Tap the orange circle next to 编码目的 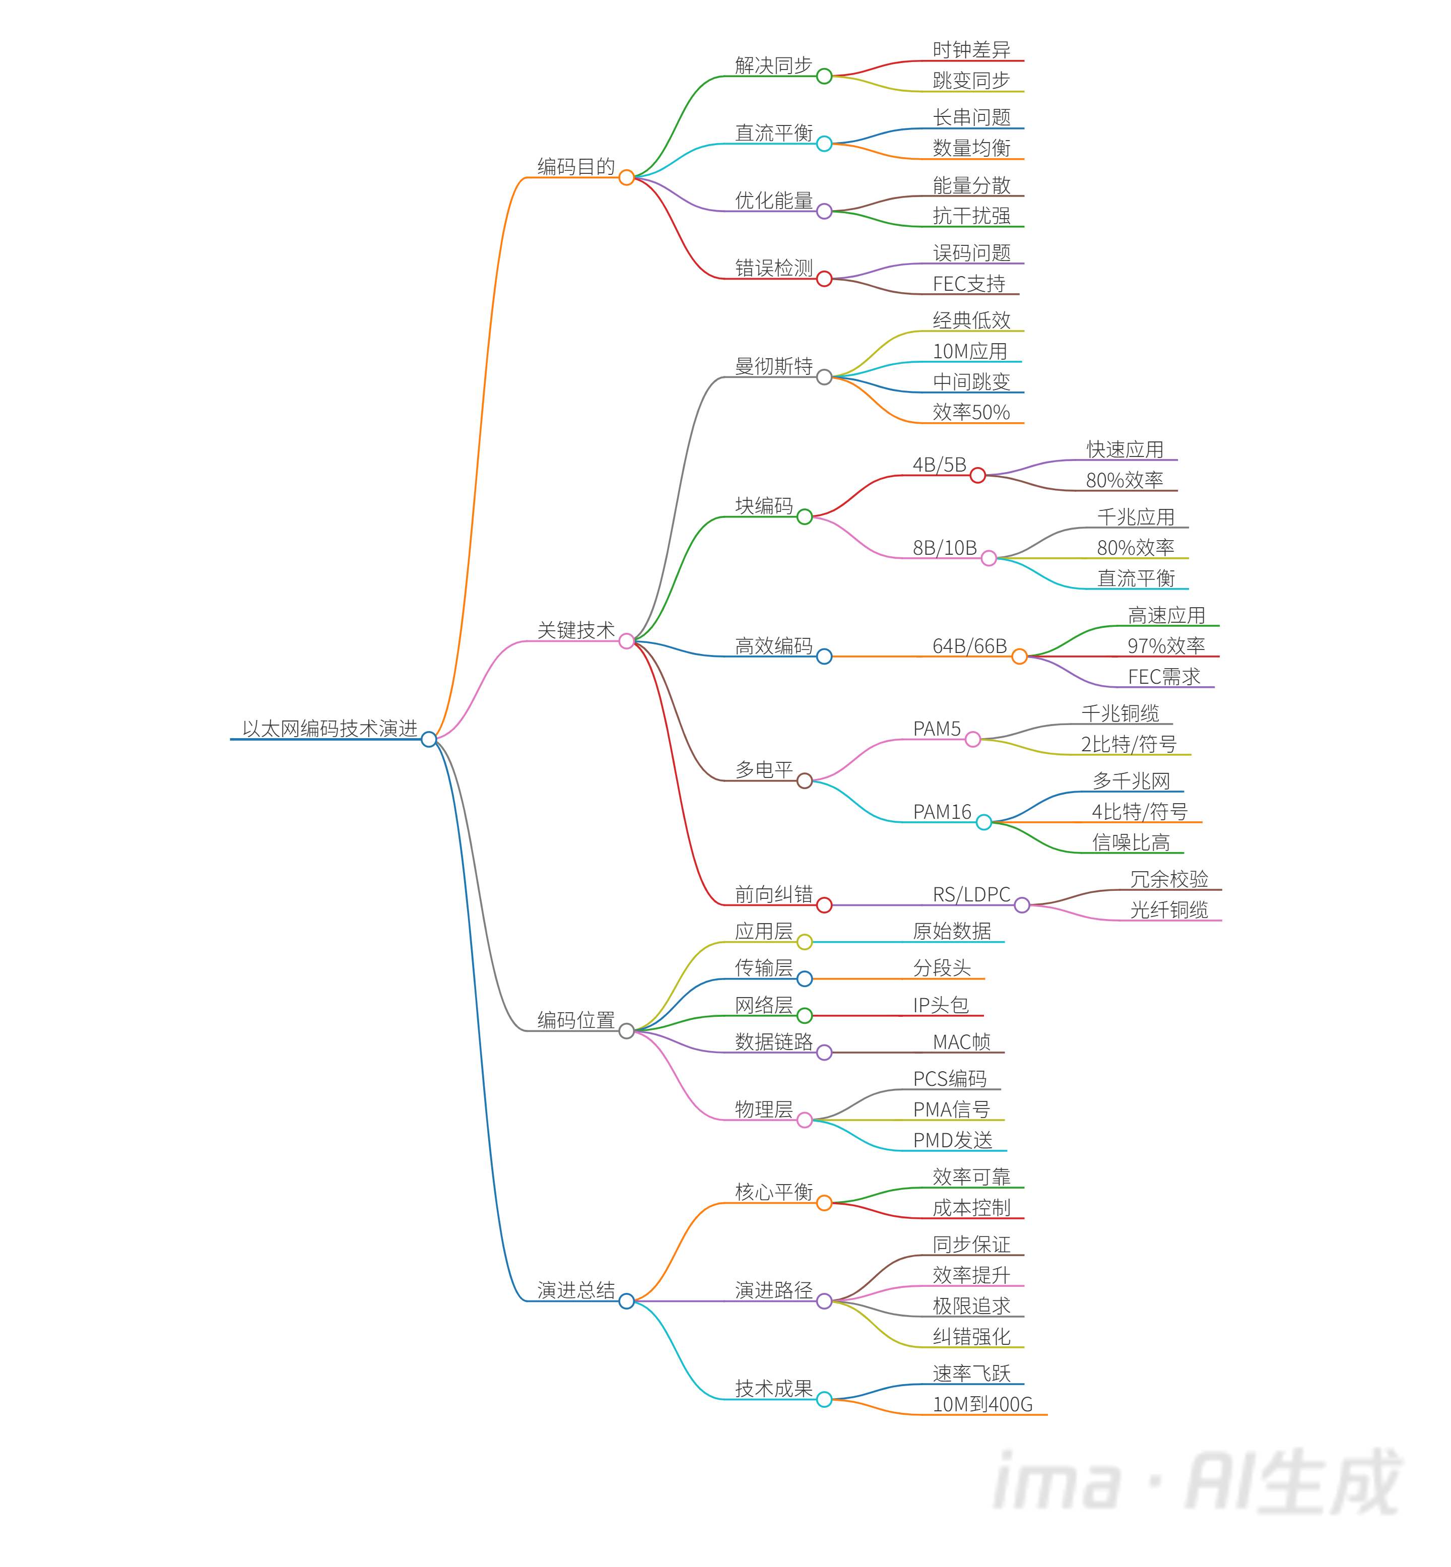pyautogui.click(x=626, y=177)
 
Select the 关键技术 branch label pyautogui.click(x=575, y=630)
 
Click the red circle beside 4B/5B pyautogui.click(x=977, y=476)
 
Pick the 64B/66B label pyautogui.click(x=969, y=646)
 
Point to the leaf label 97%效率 pyautogui.click(x=1165, y=646)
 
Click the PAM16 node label pyautogui.click(x=942, y=812)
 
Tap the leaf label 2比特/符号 pyautogui.click(x=1128, y=744)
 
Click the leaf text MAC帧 pyautogui.click(x=961, y=1042)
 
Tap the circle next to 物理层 pyautogui.click(x=804, y=1120)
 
